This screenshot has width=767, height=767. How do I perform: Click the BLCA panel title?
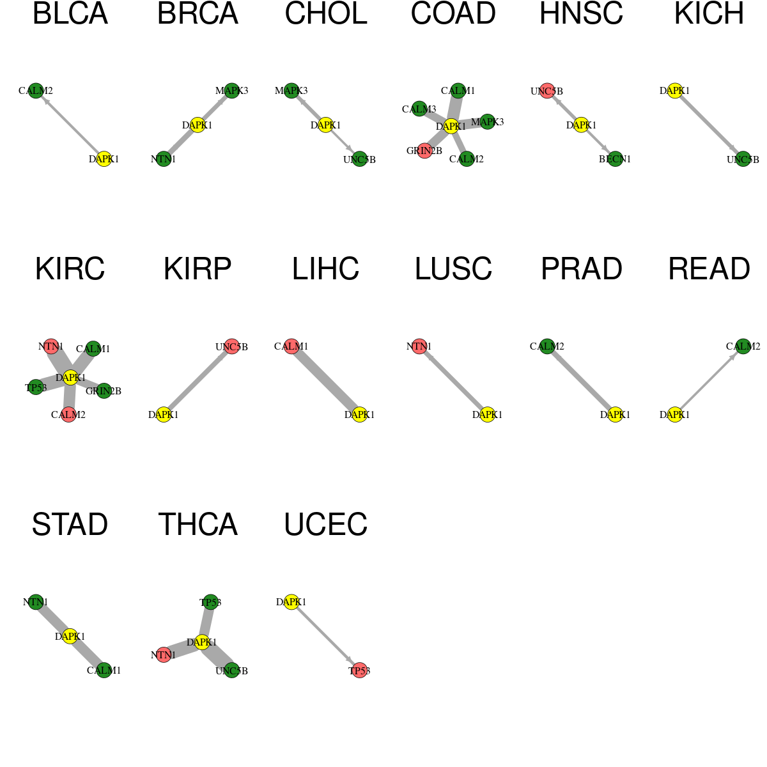(70, 13)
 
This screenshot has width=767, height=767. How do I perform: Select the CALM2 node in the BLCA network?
(36, 91)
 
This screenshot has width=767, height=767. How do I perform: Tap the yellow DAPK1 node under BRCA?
(198, 125)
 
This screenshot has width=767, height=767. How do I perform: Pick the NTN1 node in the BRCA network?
(164, 159)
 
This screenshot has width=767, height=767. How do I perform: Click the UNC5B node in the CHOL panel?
(359, 159)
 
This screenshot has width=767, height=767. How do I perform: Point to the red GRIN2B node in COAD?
(424, 151)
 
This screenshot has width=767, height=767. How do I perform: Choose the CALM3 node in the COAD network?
(419, 109)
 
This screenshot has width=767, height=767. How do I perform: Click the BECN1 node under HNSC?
(615, 159)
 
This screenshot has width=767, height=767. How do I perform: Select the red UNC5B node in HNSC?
(547, 91)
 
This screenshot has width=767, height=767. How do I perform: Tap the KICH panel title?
(709, 13)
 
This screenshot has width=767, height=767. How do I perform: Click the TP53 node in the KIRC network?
(36, 387)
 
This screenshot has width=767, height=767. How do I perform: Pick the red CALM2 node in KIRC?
(68, 414)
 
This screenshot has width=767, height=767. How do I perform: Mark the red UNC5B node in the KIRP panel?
(231, 346)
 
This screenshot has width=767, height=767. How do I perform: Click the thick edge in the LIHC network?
(325, 380)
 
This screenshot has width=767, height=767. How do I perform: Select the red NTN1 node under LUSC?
(419, 346)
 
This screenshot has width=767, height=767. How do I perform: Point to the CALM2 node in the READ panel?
(743, 346)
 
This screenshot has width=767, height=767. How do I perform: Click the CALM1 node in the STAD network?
(104, 670)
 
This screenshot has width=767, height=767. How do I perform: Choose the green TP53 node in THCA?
(210, 602)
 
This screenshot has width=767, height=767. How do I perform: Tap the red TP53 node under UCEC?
(359, 670)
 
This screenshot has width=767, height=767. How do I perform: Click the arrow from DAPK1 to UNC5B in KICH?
(709, 125)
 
